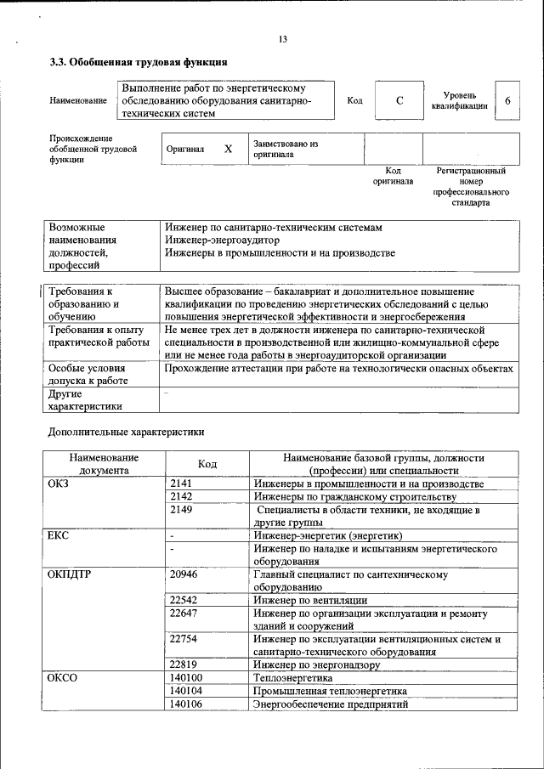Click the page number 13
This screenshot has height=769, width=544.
pyautogui.click(x=282, y=39)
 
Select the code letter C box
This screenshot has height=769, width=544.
pyautogui.click(x=399, y=101)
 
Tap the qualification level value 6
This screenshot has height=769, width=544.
pyautogui.click(x=507, y=101)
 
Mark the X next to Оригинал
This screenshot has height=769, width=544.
pyautogui.click(x=228, y=149)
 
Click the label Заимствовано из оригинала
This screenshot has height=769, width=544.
pyautogui.click(x=285, y=150)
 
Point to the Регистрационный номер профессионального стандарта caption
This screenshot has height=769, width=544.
pyautogui.click(x=471, y=187)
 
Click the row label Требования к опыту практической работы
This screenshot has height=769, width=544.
pyautogui.click(x=97, y=336)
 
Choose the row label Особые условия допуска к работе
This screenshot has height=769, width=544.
pyautogui.click(x=88, y=375)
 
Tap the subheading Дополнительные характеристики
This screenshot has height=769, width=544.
pyautogui.click(x=126, y=432)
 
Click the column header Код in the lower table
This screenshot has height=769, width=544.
pyautogui.click(x=207, y=464)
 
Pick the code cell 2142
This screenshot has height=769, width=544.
pyautogui.click(x=181, y=496)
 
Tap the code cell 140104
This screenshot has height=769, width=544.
pyautogui.click(x=186, y=692)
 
